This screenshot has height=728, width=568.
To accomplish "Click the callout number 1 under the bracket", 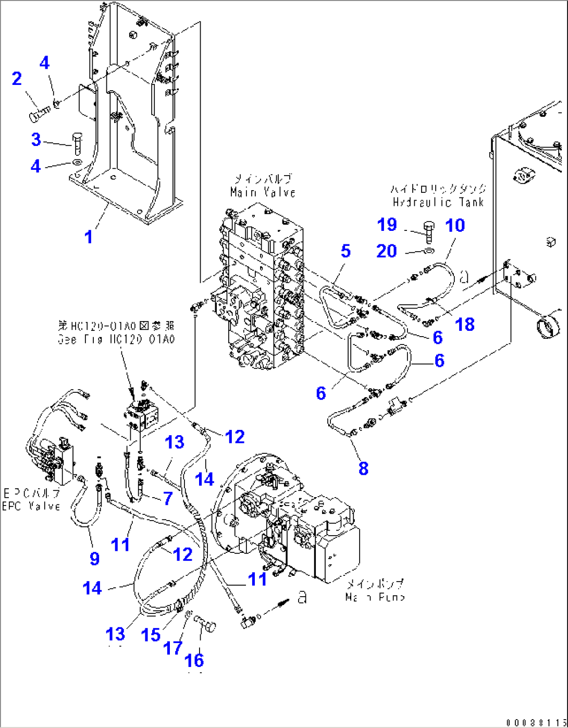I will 89,237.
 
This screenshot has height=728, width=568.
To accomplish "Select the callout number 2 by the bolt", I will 17,79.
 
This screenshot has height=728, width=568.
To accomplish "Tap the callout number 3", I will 35,139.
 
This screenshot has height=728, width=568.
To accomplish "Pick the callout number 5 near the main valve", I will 345,251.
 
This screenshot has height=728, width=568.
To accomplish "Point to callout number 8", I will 363,468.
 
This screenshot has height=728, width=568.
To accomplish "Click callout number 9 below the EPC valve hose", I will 94,558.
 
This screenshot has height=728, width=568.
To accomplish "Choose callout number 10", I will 455,225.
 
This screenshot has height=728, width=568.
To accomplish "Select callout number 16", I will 194,660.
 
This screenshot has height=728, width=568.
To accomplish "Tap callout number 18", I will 465,324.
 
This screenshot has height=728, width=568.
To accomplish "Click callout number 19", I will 387,225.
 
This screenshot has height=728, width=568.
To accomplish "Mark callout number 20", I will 387,251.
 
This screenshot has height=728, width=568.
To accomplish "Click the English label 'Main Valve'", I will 263,192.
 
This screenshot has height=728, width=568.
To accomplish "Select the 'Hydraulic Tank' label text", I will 438,202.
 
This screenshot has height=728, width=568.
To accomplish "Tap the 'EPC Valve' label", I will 31,506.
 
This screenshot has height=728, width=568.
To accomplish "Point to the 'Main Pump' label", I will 375,597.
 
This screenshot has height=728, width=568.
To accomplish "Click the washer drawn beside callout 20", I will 428,252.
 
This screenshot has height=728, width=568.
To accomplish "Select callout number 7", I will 167,498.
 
